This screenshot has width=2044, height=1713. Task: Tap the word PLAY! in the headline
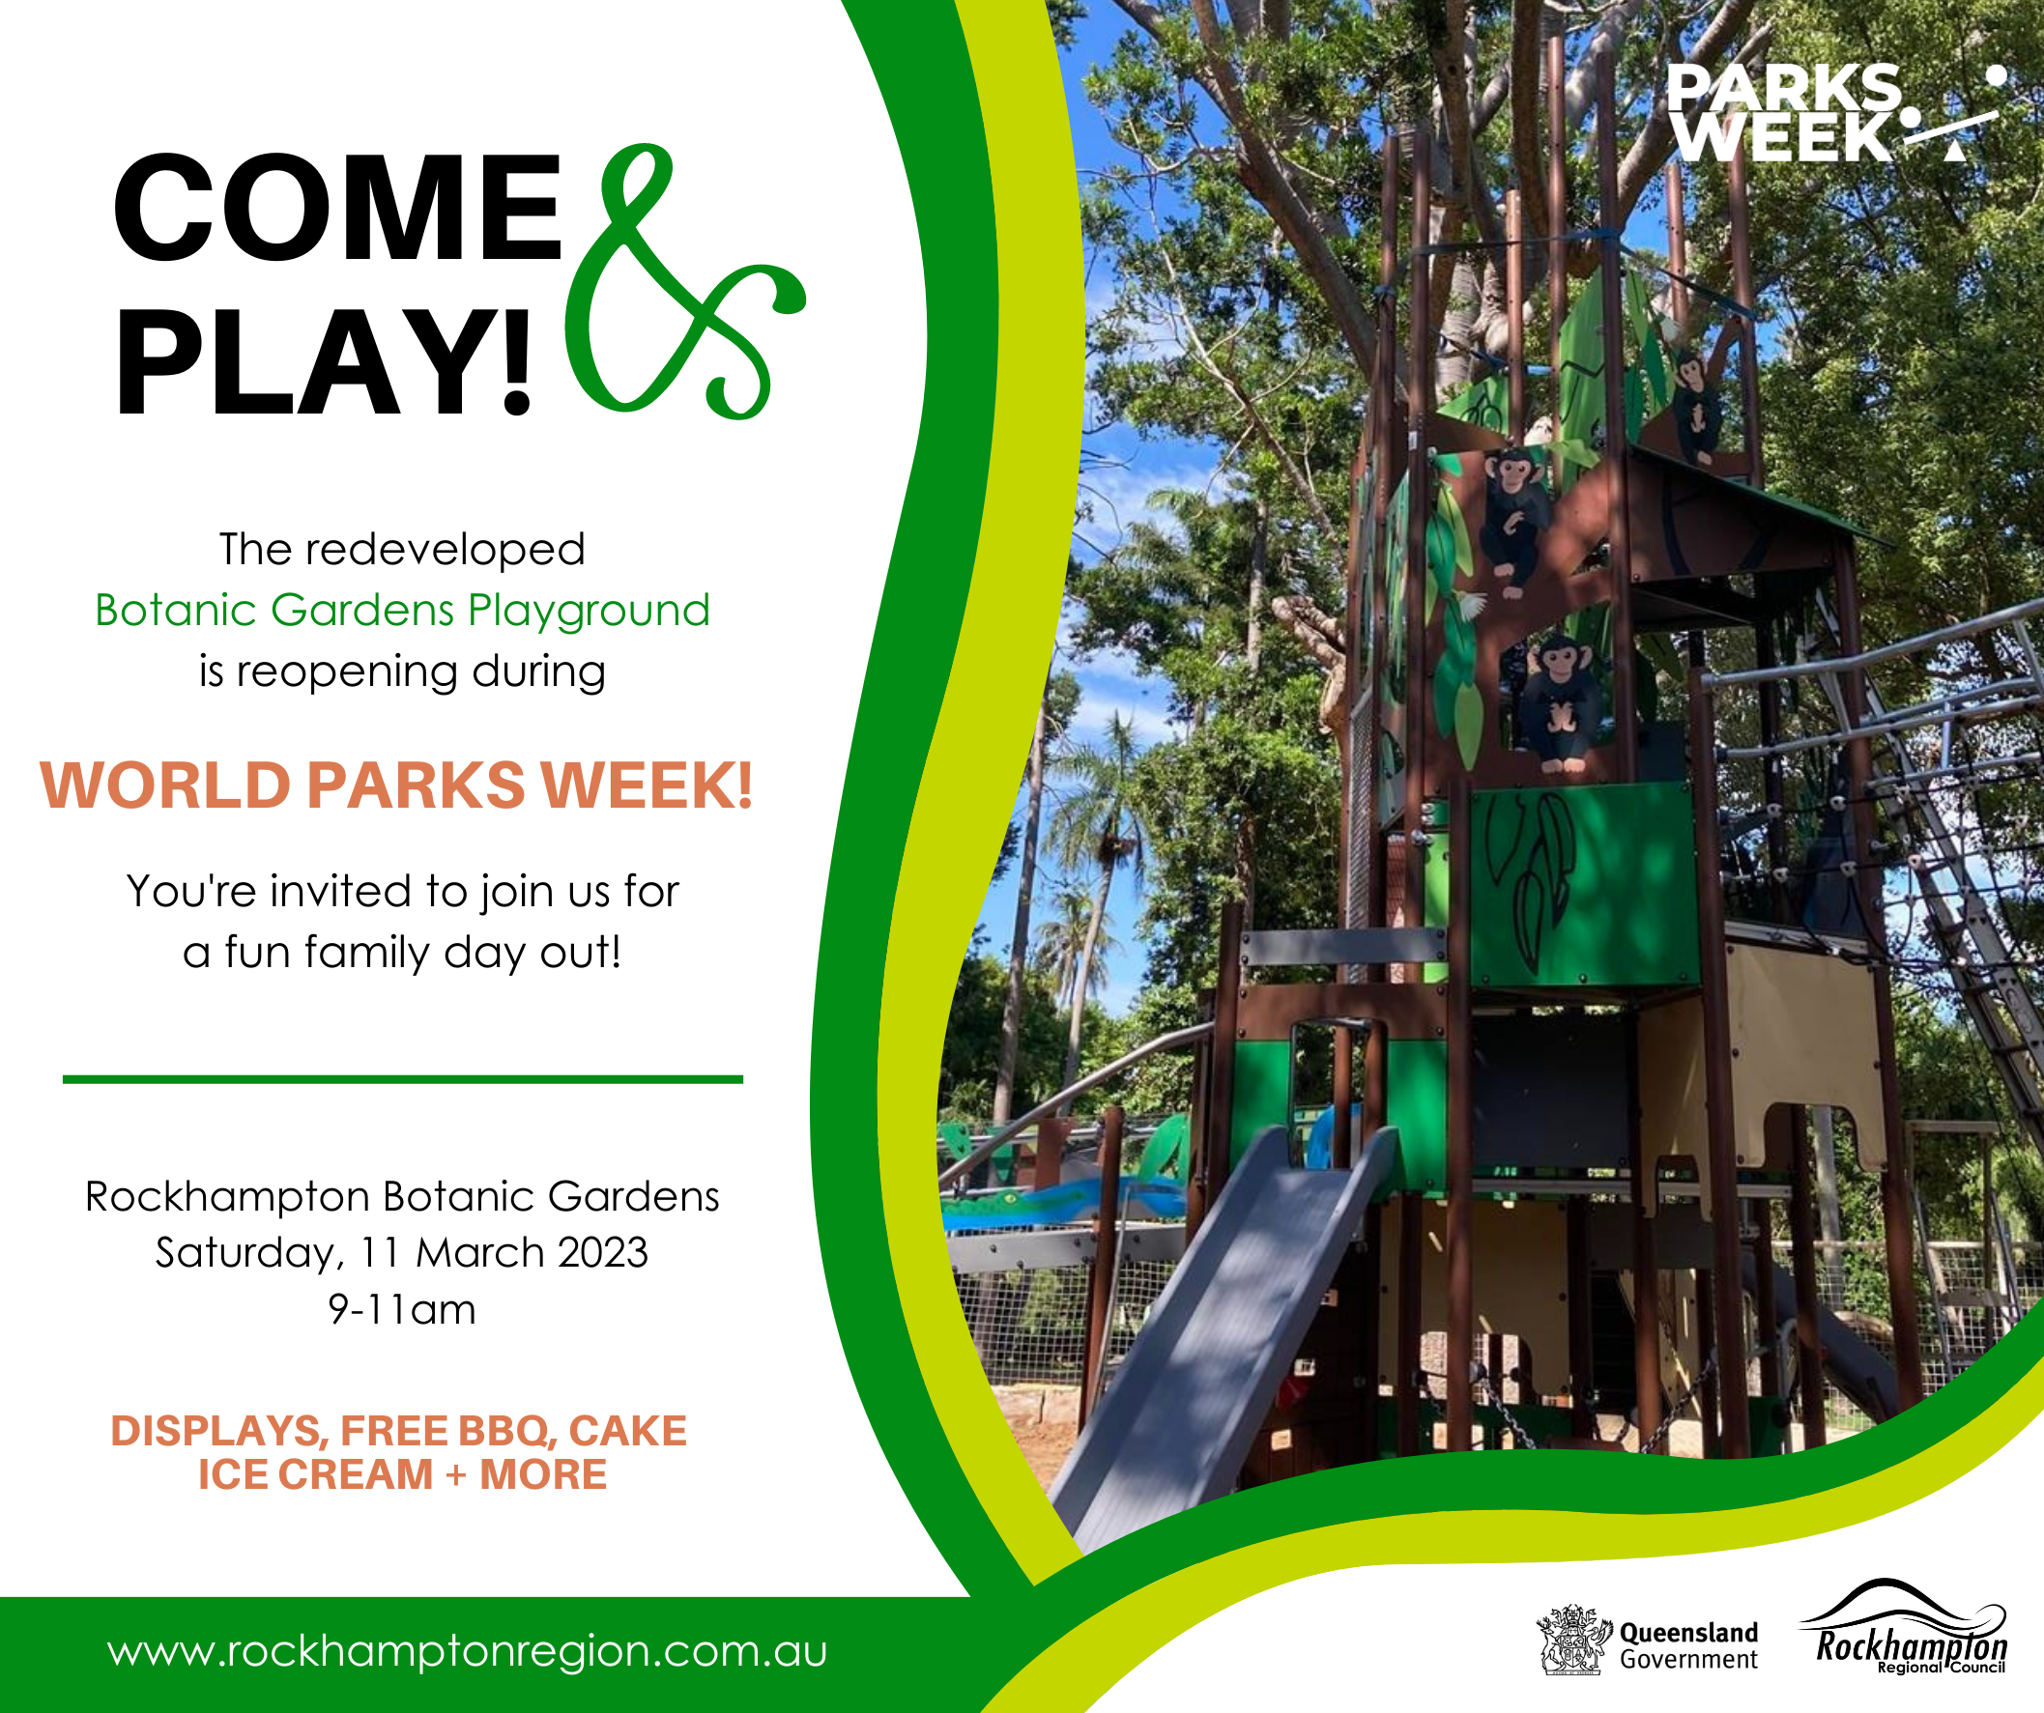click(x=324, y=362)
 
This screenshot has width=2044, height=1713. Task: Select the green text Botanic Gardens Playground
click(x=402, y=611)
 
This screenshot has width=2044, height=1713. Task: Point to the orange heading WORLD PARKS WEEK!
click(x=396, y=785)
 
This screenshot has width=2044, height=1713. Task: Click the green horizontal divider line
click(x=403, y=1079)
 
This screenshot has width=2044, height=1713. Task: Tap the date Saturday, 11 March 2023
click(x=402, y=1253)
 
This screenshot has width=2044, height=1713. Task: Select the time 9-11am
click(x=402, y=1309)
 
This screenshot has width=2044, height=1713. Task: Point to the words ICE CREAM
click(x=315, y=1474)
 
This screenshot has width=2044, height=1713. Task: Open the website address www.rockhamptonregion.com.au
click(x=467, y=1652)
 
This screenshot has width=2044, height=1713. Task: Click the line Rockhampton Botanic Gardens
click(x=402, y=1196)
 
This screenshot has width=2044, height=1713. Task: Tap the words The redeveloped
click(x=402, y=550)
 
